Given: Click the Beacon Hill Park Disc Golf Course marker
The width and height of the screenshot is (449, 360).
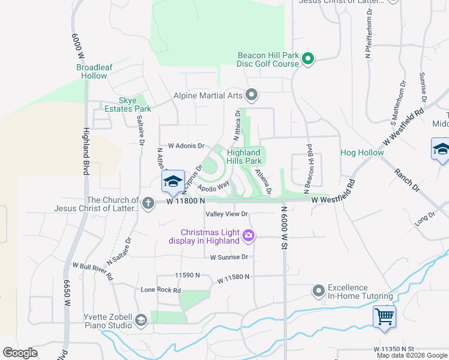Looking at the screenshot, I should tap(308, 59).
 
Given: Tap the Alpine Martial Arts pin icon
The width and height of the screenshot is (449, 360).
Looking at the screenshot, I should tap(252, 95).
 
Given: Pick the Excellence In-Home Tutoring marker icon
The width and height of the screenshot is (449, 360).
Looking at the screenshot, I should tap(319, 292).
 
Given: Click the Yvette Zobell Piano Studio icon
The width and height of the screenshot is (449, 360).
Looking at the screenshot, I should tap(141, 320).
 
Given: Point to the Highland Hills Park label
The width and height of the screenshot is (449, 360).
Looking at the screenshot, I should tap(244, 157).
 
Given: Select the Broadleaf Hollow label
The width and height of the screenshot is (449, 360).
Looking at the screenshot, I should tap(91, 71).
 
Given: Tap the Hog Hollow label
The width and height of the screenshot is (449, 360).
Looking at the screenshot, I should tap(362, 152).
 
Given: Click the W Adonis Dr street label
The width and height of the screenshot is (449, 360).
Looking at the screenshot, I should tap(186, 146).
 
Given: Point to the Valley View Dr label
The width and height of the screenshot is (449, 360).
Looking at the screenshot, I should tap(226, 214).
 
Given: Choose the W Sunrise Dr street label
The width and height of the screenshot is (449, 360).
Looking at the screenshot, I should tap(229, 257).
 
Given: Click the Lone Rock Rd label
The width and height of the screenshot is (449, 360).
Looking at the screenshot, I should tap(160, 290).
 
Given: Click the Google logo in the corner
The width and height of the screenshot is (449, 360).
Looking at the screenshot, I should tap(20, 353).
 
